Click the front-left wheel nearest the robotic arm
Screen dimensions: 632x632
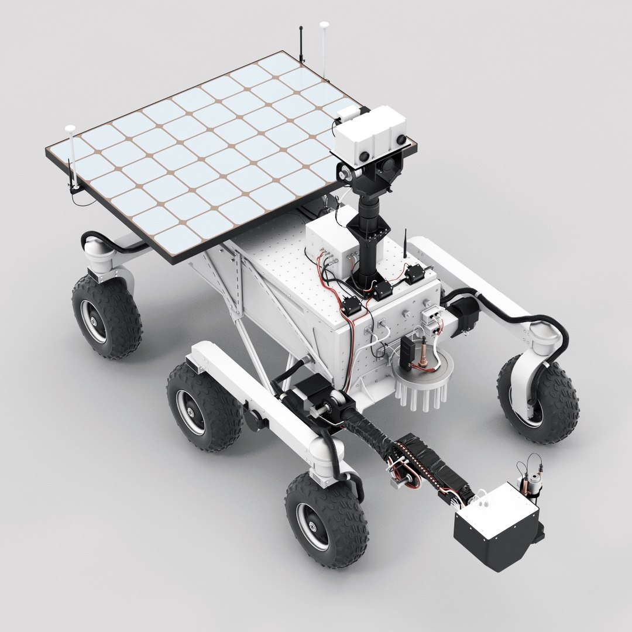tap(326, 520)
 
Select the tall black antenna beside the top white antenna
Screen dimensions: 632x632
tap(301, 44)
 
